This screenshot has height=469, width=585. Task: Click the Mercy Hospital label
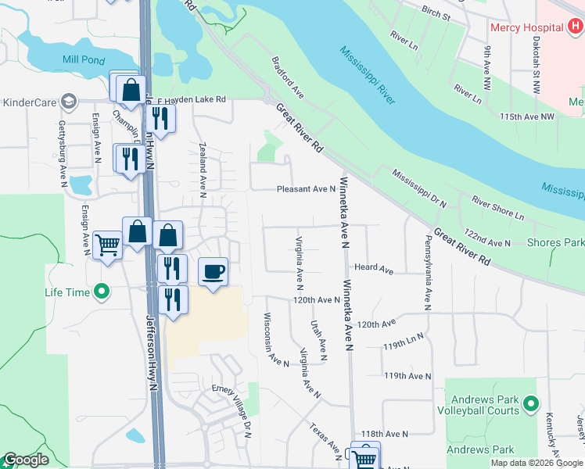pos(527,27)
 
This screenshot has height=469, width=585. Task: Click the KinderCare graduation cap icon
pos(69,102)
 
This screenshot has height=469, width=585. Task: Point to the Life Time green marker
pos(100,292)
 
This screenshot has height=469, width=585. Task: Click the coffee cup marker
pos(214,272)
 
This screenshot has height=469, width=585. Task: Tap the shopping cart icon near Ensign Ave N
pos(107,245)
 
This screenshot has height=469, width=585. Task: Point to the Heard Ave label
pos(374,268)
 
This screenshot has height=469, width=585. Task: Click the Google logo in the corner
pos(26,460)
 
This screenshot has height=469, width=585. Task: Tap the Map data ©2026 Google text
pos(537,463)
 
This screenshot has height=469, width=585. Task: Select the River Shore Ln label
pos(497,207)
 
